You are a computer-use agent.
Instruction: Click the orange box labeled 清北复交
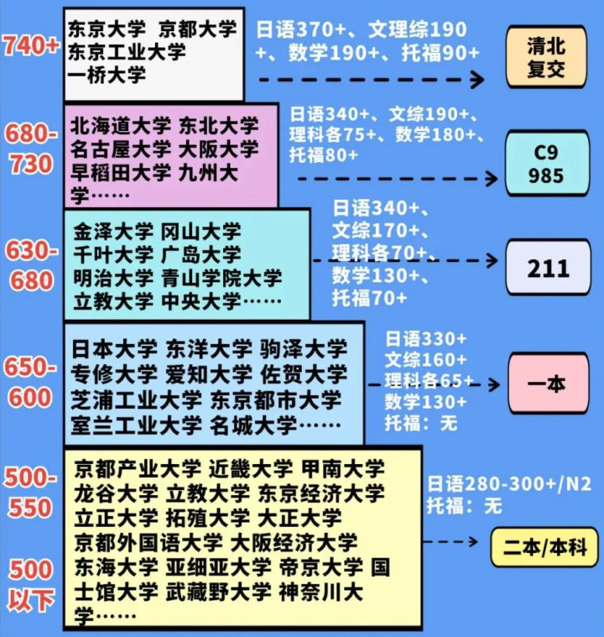[x=546, y=57]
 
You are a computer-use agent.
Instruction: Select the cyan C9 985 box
[x=547, y=164]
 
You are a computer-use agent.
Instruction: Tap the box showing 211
[x=548, y=268]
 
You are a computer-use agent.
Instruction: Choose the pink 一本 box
[x=548, y=383]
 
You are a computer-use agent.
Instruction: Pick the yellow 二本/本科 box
[x=544, y=547]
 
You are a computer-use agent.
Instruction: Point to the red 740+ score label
[x=31, y=45]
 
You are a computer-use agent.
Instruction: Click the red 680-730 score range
[x=31, y=149]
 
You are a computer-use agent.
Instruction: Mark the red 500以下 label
[x=31, y=585]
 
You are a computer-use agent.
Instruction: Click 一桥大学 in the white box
[x=107, y=76]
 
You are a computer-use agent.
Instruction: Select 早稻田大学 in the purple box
[x=121, y=173]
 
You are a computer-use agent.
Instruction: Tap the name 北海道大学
[x=121, y=126]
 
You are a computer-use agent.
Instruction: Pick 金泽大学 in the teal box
[x=113, y=232]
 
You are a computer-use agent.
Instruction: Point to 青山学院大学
[x=221, y=279]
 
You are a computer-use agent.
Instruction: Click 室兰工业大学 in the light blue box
[x=136, y=426]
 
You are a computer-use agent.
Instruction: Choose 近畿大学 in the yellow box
[x=250, y=469]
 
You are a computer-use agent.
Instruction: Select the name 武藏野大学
[x=218, y=592]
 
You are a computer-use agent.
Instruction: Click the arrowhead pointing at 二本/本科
[x=473, y=541]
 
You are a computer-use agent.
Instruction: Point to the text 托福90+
[x=440, y=53]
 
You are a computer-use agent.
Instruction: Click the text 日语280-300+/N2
[x=509, y=483]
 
